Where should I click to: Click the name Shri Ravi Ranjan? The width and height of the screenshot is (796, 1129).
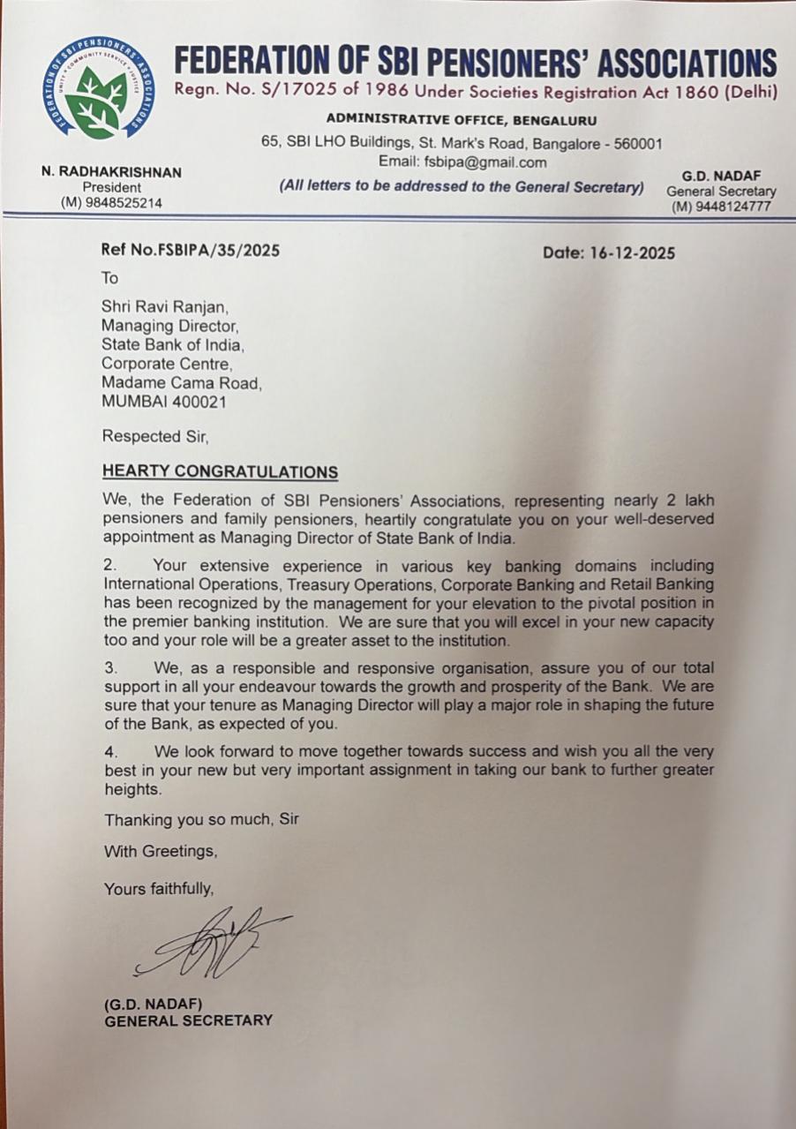click(165, 307)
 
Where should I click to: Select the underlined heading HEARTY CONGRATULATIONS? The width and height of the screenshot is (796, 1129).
click(220, 471)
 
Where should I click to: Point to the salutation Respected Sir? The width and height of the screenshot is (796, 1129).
click(156, 435)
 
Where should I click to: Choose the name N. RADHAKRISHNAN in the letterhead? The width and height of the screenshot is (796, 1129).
click(111, 172)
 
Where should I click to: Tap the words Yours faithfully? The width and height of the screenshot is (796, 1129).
click(159, 888)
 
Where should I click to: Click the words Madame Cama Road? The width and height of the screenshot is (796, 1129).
click(181, 383)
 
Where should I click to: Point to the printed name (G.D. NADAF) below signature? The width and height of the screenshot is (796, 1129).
click(154, 1004)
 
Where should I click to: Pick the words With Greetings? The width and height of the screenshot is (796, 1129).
click(161, 852)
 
